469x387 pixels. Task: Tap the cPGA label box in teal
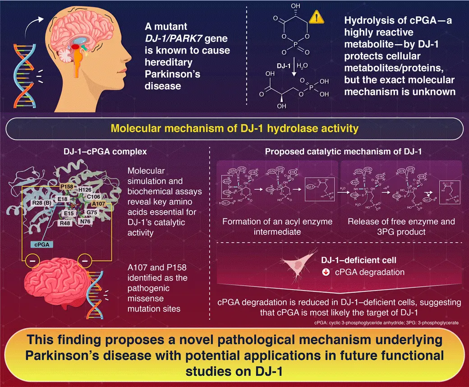point(42,244)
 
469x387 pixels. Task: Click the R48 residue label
point(64,223)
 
